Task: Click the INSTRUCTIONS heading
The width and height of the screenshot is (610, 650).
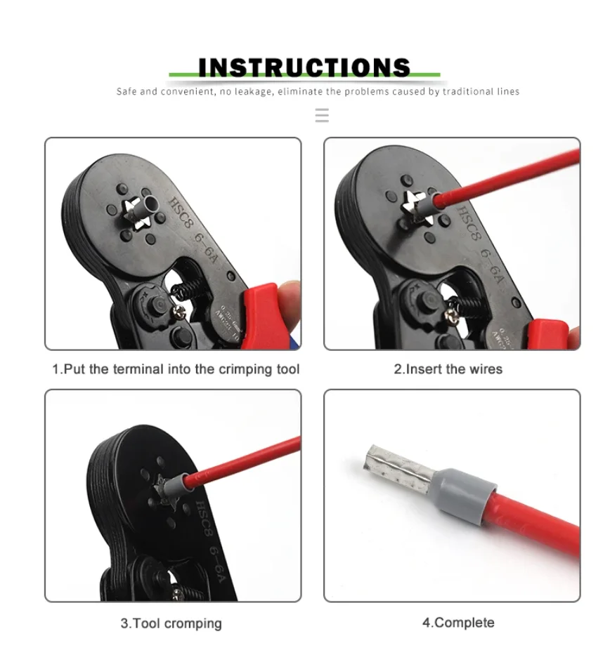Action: [x=304, y=67]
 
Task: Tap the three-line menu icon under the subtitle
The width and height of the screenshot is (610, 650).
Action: [x=322, y=116]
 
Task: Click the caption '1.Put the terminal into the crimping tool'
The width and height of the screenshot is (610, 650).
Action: [x=176, y=369]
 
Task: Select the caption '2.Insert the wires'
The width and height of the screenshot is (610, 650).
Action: [x=448, y=369]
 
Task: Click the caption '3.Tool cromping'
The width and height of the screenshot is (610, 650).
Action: [x=171, y=623]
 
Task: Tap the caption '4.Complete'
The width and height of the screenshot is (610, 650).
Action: [x=457, y=623]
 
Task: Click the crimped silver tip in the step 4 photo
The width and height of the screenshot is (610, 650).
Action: [x=394, y=466]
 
